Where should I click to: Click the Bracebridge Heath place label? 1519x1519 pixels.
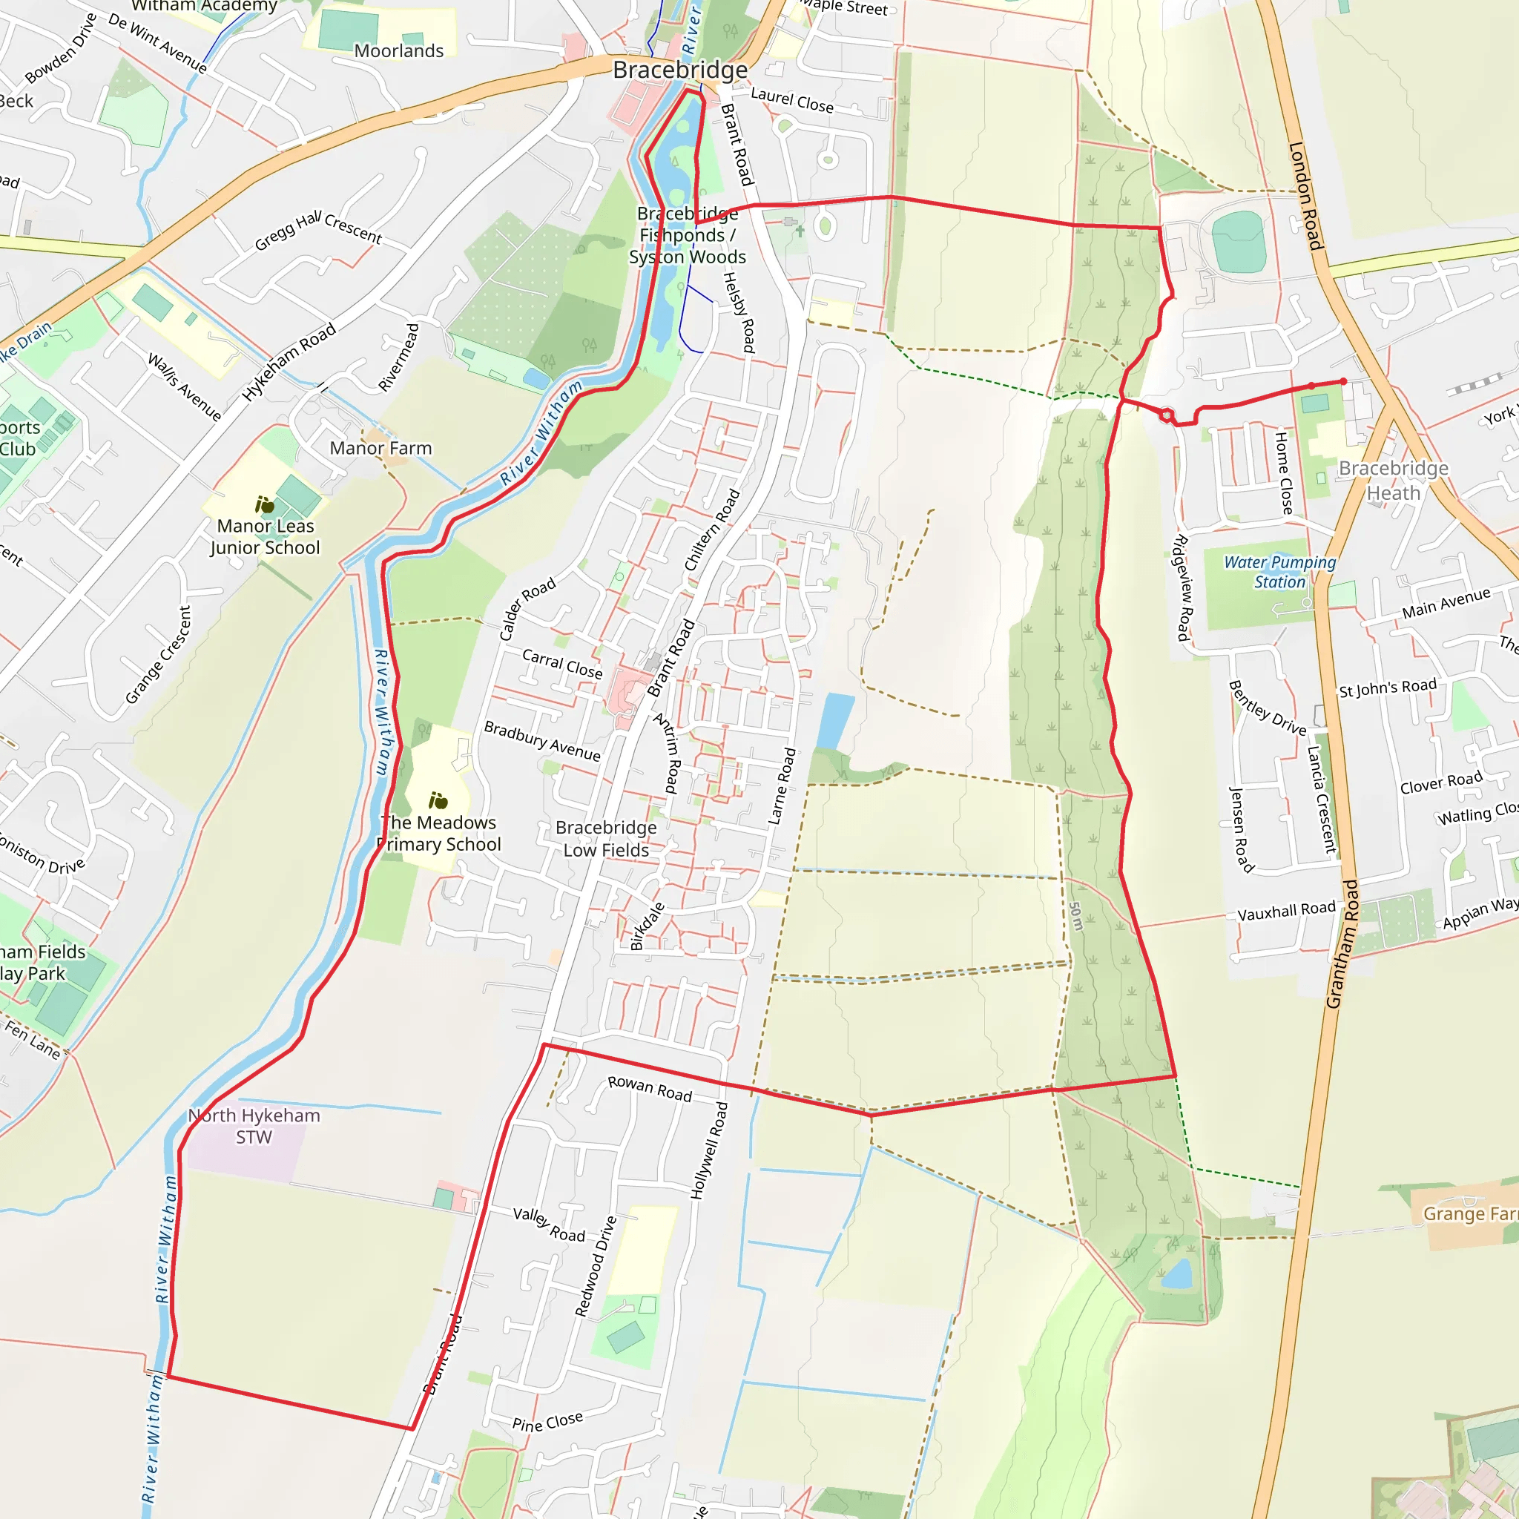pyautogui.click(x=1392, y=481)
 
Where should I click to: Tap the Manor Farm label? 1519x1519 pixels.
pyautogui.click(x=380, y=448)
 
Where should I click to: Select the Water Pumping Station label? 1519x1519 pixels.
pyautogui.click(x=1279, y=572)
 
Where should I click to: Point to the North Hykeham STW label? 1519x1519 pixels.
pyautogui.click(x=254, y=1126)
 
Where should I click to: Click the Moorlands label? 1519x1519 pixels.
pyautogui.click(x=398, y=51)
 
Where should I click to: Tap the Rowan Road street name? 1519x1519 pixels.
pyautogui.click(x=650, y=1088)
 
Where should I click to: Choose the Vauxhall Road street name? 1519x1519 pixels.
pyautogui.click(x=1286, y=911)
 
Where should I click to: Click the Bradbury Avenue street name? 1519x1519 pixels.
pyautogui.click(x=541, y=741)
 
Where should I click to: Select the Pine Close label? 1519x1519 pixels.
pyautogui.click(x=547, y=1420)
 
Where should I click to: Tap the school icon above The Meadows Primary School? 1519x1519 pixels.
pyautogui.click(x=438, y=800)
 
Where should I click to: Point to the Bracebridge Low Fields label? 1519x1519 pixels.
pyautogui.click(x=606, y=839)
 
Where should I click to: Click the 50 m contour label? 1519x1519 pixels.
pyautogui.click(x=1076, y=916)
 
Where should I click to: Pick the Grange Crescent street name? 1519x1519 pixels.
pyautogui.click(x=158, y=655)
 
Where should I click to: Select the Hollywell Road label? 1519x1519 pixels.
pyautogui.click(x=709, y=1150)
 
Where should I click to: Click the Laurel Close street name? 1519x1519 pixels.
pyautogui.click(x=791, y=100)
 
